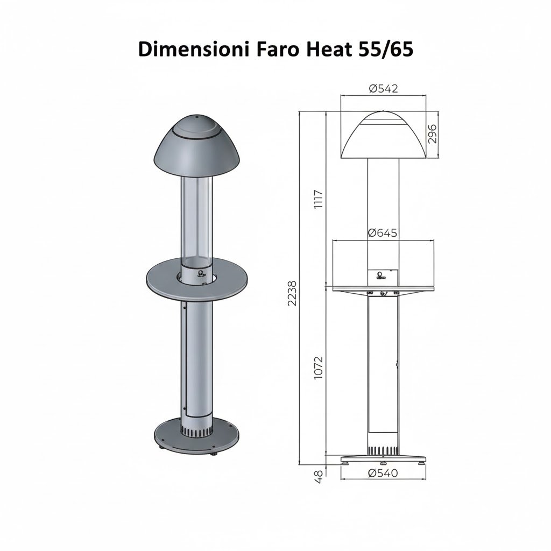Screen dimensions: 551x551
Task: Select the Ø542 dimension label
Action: pyautogui.click(x=383, y=89)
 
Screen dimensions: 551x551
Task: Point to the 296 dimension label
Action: pyautogui.click(x=432, y=134)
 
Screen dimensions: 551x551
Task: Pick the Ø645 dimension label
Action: pyautogui.click(x=383, y=233)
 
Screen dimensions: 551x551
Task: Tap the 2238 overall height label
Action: pyautogui.click(x=292, y=293)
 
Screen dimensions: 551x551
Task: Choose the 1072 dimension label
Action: pyautogui.click(x=318, y=368)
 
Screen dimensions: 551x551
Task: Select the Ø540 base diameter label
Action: pyautogui.click(x=383, y=474)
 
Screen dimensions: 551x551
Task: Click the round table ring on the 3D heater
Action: pyautogui.click(x=161, y=280)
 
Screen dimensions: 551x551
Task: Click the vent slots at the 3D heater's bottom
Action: pyautogui.click(x=197, y=431)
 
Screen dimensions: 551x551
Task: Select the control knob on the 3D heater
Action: pyautogui.click(x=202, y=274)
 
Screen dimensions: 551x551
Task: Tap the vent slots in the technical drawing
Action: pyautogui.click(x=383, y=449)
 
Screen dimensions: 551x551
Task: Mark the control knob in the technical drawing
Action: pyautogui.click(x=381, y=275)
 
